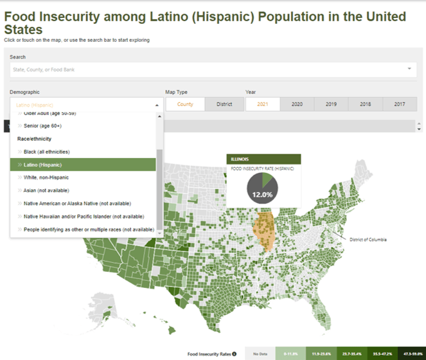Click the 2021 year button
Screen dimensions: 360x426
262,104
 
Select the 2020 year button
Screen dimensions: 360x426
297,104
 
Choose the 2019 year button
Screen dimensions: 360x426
331,104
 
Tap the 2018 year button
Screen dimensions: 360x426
365,104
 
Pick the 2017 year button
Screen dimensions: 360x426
399,104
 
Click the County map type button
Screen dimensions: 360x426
185,104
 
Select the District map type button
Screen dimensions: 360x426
224,104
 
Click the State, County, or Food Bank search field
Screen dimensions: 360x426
209,69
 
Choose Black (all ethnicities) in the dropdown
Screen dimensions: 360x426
46,152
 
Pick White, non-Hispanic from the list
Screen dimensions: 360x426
46,177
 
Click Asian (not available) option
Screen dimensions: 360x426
46,190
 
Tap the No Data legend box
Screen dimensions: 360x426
260,354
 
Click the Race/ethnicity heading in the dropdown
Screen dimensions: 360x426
34,139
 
